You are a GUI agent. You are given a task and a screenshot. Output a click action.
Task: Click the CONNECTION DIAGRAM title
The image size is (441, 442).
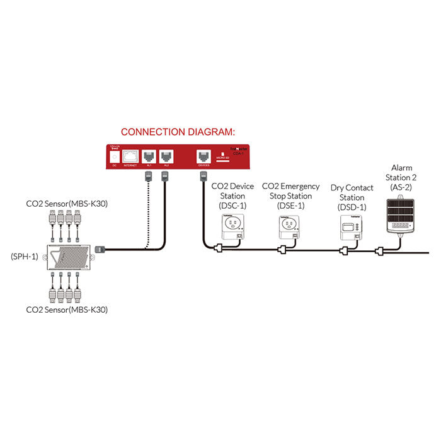[x=177, y=132]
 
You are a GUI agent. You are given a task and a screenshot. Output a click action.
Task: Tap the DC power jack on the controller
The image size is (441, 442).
[x=114, y=155]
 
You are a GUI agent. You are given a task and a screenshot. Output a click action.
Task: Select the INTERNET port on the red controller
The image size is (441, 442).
[x=130, y=156]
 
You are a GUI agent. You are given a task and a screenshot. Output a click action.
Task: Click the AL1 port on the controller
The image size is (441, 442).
[x=149, y=156]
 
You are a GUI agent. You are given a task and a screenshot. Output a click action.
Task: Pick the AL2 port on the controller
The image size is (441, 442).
[x=166, y=156]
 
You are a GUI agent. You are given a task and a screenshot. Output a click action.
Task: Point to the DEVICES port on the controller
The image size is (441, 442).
[x=203, y=156]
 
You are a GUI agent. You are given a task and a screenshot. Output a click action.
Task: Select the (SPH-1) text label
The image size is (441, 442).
[x=25, y=257]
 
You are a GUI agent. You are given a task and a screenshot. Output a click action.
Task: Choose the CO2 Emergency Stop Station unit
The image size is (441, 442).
[x=288, y=227]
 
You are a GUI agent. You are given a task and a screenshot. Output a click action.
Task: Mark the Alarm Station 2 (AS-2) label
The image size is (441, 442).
[x=401, y=177]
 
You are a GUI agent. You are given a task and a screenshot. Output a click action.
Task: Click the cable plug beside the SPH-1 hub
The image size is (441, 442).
[x=99, y=250]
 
